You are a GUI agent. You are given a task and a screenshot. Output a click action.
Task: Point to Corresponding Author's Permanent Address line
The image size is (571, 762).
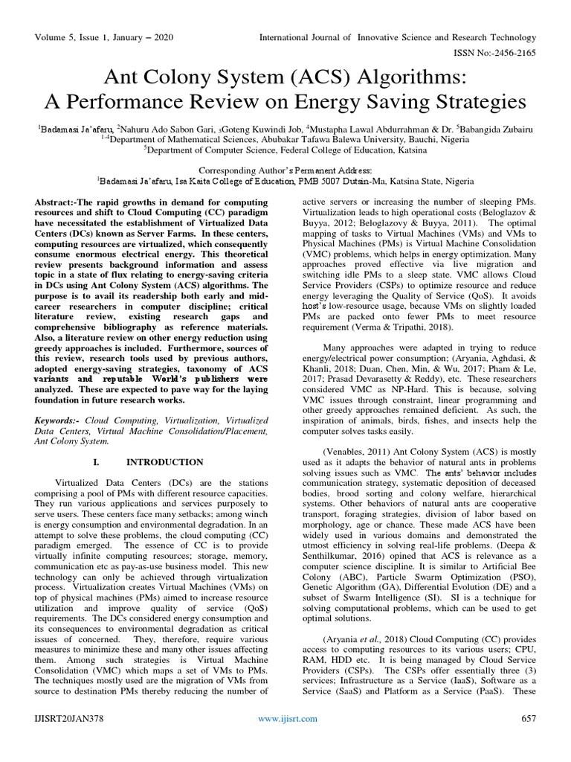[285, 170]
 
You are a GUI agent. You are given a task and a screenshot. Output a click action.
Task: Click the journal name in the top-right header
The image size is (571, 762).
[396, 36]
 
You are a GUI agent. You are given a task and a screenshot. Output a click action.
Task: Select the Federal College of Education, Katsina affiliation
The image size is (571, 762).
[286, 148]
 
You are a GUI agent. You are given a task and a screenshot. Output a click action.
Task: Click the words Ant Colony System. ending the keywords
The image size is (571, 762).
[71, 441]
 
